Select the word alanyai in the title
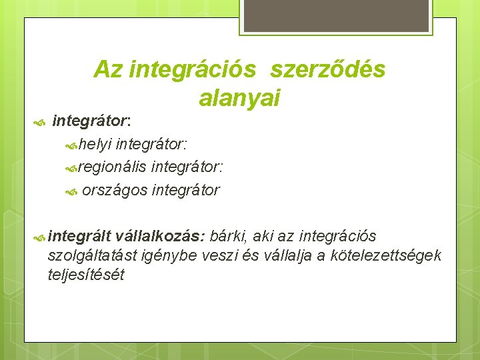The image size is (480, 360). pos(239,98)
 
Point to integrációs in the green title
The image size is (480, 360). pos(193,69)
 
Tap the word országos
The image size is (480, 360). pos(115,190)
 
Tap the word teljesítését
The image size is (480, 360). pos(86,274)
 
